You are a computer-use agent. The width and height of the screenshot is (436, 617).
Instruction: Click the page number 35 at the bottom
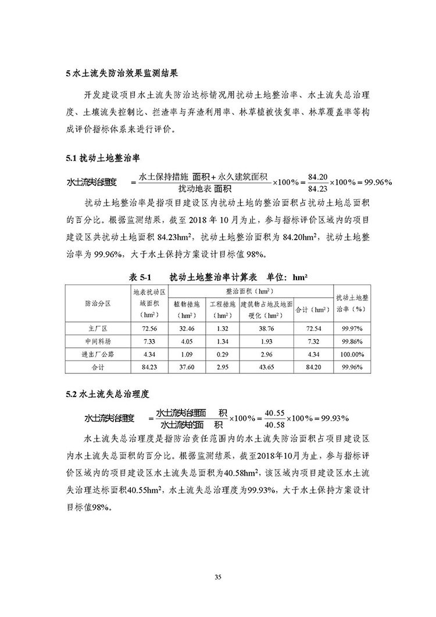click(x=218, y=577)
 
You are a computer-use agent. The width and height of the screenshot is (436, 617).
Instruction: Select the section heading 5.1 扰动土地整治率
click(x=102, y=158)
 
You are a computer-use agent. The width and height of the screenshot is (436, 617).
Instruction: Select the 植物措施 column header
click(x=187, y=303)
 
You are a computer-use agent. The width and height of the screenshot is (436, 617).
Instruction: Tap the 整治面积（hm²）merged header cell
click(x=251, y=290)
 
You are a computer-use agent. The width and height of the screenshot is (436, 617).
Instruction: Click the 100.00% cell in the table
click(x=353, y=354)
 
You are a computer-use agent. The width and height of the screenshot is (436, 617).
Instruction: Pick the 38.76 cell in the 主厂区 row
click(x=266, y=329)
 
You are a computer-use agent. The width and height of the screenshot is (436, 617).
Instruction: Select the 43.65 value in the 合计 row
click(x=266, y=366)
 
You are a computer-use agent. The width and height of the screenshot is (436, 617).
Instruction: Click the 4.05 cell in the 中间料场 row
click(x=187, y=341)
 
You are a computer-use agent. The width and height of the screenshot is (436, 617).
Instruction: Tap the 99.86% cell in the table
click(x=353, y=341)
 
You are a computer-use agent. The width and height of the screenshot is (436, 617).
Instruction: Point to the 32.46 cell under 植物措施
click(x=187, y=329)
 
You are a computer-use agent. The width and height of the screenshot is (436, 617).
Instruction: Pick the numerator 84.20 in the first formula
click(x=319, y=176)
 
